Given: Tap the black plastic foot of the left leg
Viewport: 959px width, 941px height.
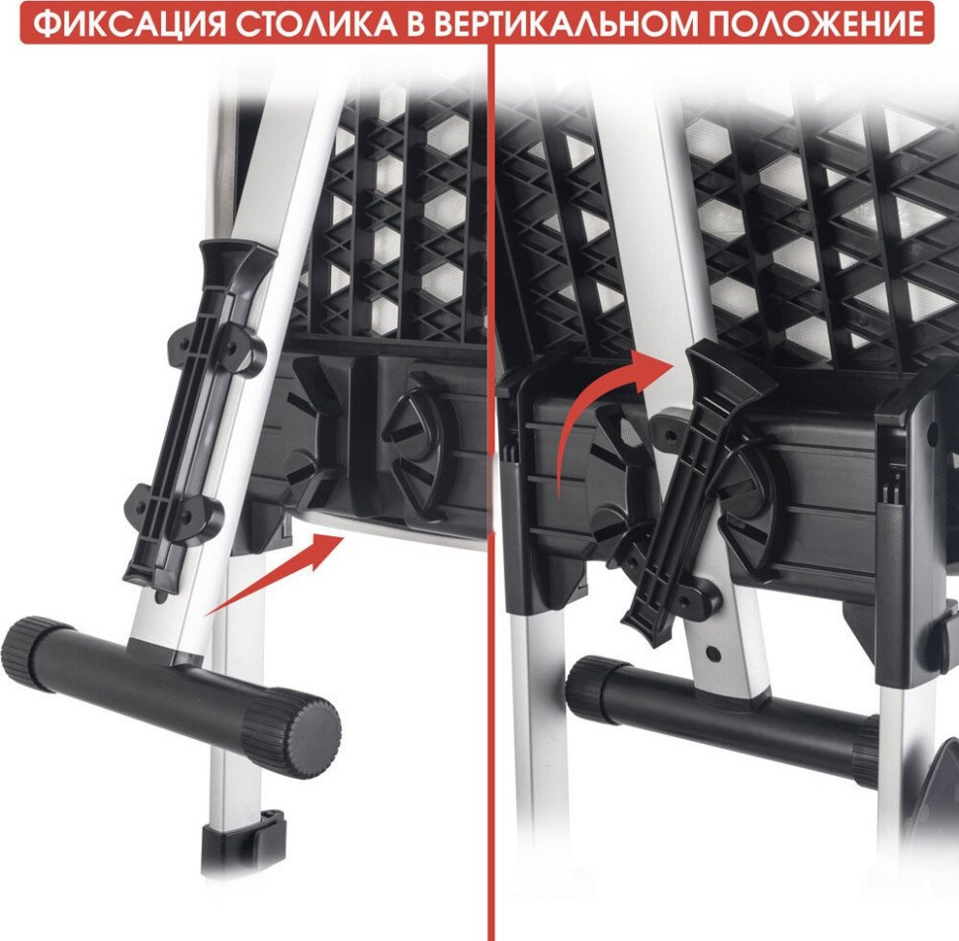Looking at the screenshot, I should pos(242,841).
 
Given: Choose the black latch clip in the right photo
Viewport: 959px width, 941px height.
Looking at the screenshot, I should pos(692,485).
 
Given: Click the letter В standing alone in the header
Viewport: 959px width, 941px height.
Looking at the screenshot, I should pos(420,22).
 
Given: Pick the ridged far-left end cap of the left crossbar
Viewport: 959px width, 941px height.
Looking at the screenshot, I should pos(30,653).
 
